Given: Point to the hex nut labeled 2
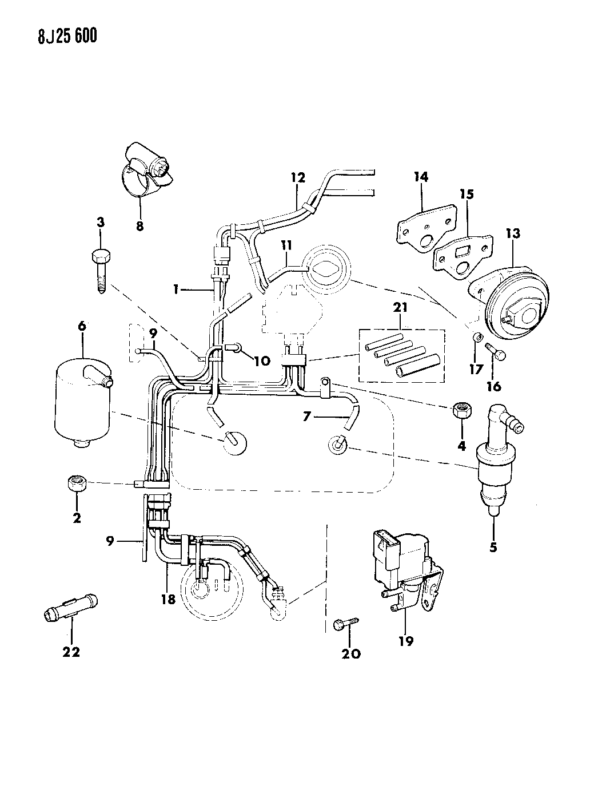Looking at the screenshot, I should (76, 484).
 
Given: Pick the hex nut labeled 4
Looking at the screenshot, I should (461, 411).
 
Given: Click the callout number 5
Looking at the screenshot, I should (493, 547).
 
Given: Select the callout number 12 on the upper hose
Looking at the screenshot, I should (298, 177).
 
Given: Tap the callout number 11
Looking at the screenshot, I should (286, 245).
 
